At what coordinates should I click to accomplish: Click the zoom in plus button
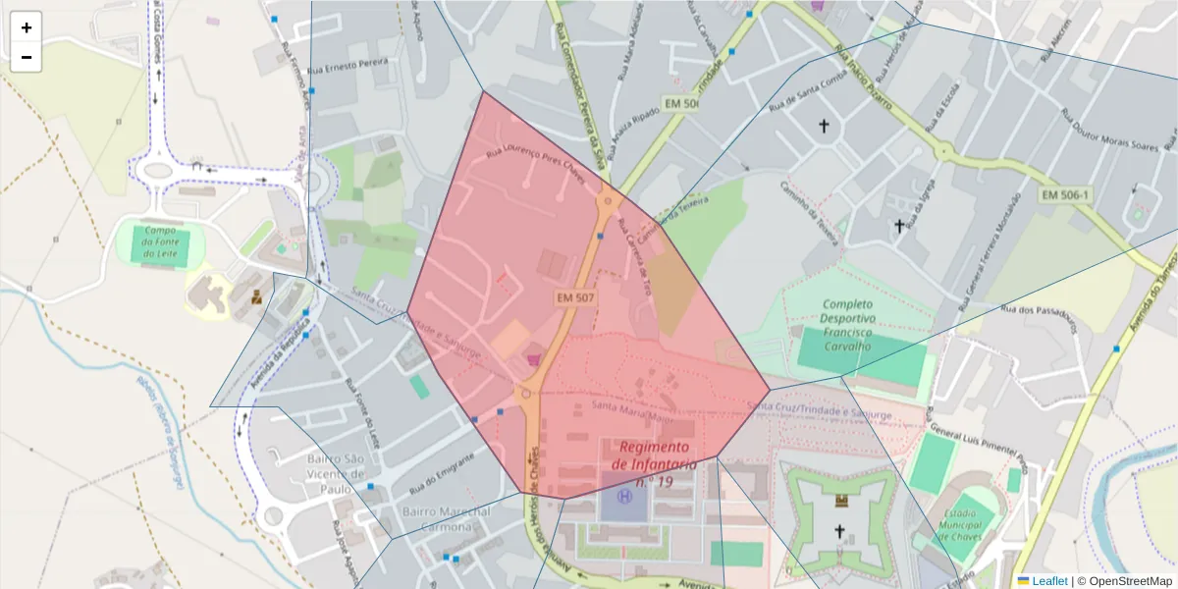pos(27,27)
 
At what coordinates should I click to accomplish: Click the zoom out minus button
pos(27,57)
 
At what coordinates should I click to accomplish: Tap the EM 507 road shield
pos(576,296)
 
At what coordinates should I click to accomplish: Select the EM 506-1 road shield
pos(1065,195)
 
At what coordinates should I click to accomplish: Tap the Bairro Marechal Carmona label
pos(447,519)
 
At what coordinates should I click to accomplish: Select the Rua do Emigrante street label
pos(434,479)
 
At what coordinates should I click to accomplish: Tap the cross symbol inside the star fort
pos(839,532)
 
